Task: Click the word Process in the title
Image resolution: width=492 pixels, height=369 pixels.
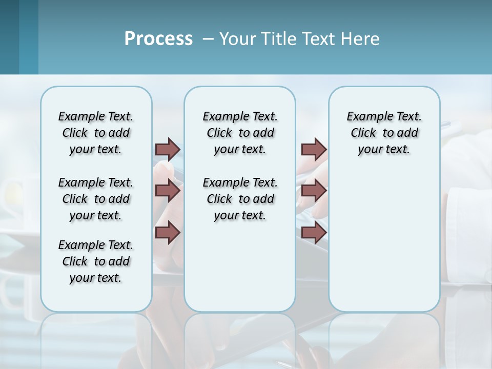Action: (x=158, y=39)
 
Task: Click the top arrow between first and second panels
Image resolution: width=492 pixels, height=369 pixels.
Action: (x=168, y=149)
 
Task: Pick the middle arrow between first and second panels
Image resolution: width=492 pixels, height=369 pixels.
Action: (x=168, y=191)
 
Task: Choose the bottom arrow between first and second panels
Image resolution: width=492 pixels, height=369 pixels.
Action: (x=168, y=233)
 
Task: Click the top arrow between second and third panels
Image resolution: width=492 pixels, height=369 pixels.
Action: (x=314, y=149)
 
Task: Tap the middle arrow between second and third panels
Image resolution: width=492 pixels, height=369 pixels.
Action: (x=314, y=191)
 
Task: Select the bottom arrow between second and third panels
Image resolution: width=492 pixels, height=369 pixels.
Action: (x=314, y=233)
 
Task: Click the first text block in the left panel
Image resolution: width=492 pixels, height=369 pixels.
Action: (x=96, y=133)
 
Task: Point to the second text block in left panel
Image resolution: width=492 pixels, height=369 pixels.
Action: (x=96, y=199)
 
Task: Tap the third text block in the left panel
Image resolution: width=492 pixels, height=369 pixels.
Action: (x=96, y=261)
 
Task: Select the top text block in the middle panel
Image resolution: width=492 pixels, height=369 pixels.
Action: (x=240, y=133)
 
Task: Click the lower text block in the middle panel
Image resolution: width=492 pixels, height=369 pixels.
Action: (x=240, y=199)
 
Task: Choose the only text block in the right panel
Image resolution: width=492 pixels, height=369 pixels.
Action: (x=384, y=133)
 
